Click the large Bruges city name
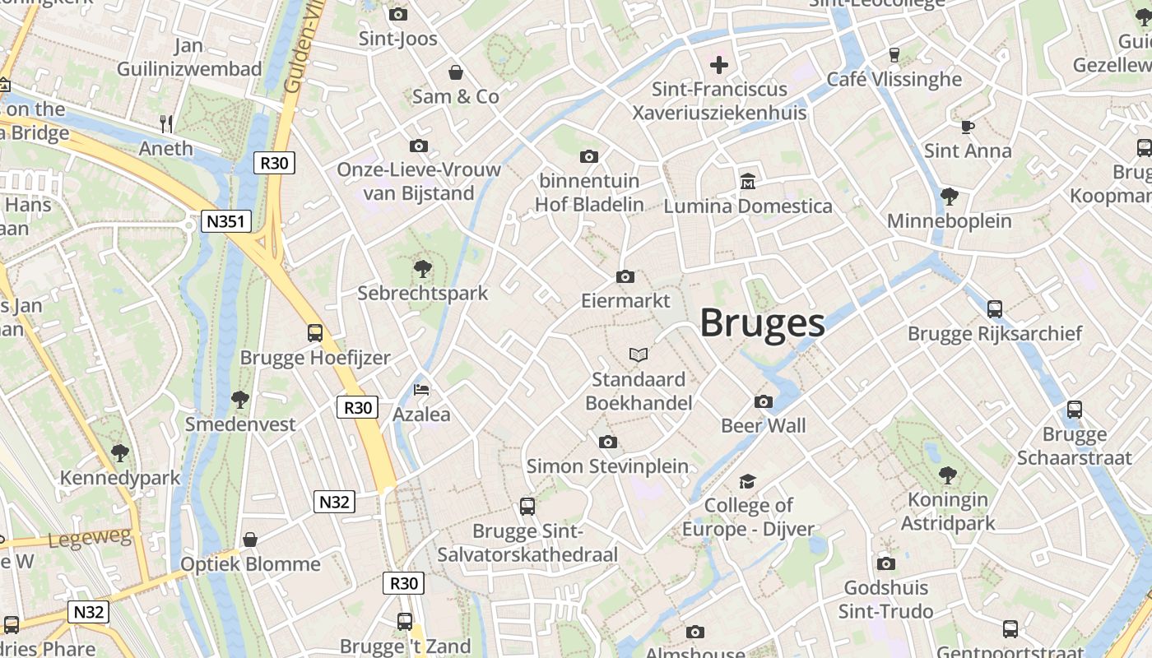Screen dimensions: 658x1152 tap(762, 323)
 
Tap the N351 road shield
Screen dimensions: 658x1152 tap(226, 220)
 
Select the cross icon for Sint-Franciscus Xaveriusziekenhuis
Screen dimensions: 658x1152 tap(719, 64)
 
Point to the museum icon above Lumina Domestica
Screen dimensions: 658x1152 tap(748, 181)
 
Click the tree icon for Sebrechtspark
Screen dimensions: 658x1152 tap(423, 268)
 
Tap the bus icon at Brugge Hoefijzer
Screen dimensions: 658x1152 tap(315, 333)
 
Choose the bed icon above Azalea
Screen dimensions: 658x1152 tap(421, 389)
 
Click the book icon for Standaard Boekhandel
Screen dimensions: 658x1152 tap(639, 354)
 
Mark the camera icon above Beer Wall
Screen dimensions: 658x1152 tap(764, 401)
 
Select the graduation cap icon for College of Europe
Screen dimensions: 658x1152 tap(747, 480)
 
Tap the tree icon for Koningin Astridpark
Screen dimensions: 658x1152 tap(948, 475)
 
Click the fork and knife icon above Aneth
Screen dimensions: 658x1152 tap(166, 123)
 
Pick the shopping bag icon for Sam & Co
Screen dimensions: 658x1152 tap(455, 72)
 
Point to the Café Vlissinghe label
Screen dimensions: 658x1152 tap(894, 79)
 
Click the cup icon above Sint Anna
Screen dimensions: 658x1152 tap(968, 127)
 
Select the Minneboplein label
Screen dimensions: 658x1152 tap(950, 220)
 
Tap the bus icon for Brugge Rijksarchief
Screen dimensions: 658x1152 tap(995, 309)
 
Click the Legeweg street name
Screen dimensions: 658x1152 tap(91, 539)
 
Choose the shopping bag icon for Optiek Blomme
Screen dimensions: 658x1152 tap(250, 540)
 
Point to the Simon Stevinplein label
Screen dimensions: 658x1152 tap(607, 466)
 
